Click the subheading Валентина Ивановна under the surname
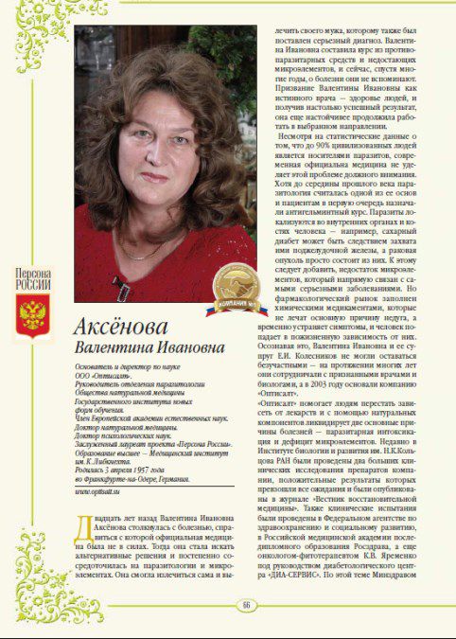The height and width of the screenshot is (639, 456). [141, 347]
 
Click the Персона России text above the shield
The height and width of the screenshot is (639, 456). [33, 281]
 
